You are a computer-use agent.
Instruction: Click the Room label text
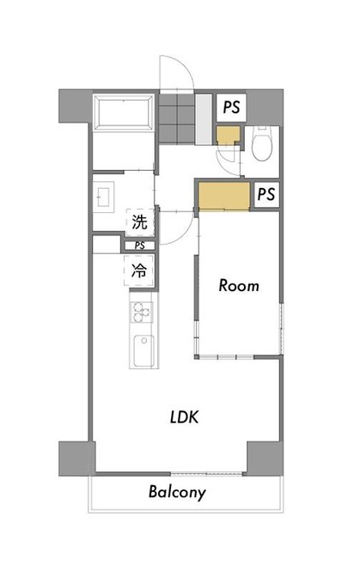point(239,285)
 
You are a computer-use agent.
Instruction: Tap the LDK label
point(185,417)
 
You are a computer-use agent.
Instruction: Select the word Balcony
point(177,493)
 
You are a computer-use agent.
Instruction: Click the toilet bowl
point(262,144)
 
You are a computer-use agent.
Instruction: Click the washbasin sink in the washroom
point(104,197)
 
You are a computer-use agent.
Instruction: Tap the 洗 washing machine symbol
point(139,222)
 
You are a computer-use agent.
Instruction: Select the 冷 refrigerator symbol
point(138,270)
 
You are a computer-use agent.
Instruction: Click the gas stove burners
point(142,313)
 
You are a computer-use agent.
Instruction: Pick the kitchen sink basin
point(143,351)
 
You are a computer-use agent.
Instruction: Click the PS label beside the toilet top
point(231,107)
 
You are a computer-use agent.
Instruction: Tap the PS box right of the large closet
point(266,194)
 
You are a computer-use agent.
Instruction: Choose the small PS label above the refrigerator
point(139,246)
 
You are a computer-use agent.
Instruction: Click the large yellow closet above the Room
point(224,197)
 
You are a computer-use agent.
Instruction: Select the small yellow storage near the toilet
point(228,136)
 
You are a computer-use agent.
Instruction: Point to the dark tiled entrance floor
point(177,118)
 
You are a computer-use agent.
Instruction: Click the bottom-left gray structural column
point(76,459)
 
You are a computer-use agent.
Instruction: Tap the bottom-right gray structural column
point(265,459)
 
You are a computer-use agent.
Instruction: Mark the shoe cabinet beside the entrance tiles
point(204,119)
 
